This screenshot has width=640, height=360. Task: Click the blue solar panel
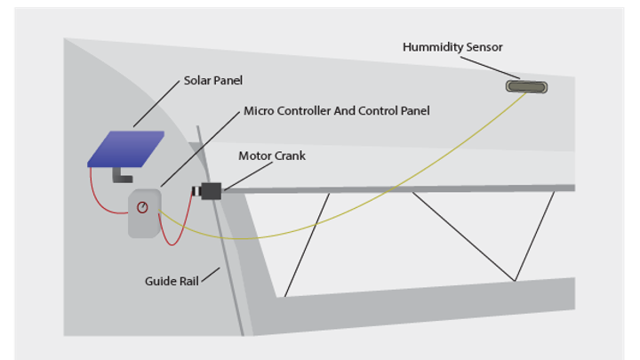(125, 148)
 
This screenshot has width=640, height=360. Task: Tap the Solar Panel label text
(213, 80)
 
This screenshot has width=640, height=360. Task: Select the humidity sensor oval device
(526, 86)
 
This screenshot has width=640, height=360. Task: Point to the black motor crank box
(212, 190)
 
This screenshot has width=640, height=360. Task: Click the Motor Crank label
(271, 156)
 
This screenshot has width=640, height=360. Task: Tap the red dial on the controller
(142, 207)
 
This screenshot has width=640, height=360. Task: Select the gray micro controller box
(145, 214)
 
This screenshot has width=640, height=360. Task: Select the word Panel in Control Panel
(413, 111)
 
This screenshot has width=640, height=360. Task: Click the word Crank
(290, 156)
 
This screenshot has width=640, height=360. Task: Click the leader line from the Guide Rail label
(211, 275)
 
